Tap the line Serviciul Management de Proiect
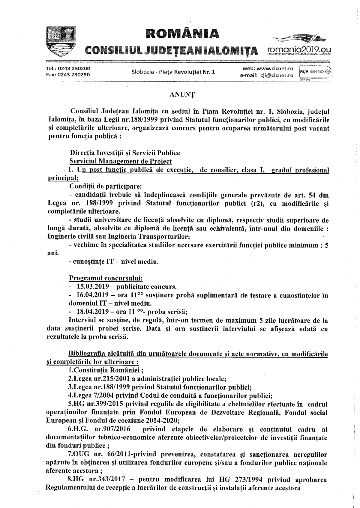pos(120,161)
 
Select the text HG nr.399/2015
pos(91,404)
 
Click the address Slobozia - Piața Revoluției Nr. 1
pos(173,72)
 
